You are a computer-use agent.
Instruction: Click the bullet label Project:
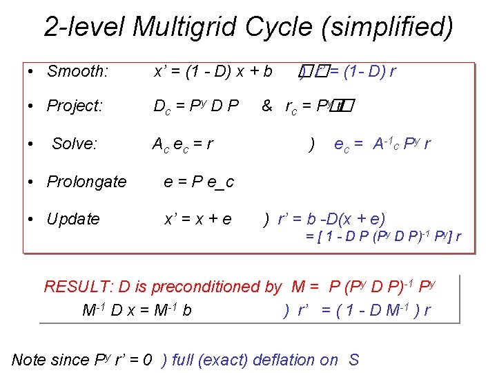click(x=75, y=106)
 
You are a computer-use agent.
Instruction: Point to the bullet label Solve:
click(x=75, y=144)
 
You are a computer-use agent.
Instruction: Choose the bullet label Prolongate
click(x=86, y=182)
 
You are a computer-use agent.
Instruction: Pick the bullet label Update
click(x=73, y=219)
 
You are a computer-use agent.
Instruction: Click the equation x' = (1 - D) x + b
click(x=213, y=71)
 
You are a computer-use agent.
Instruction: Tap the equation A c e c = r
click(x=182, y=144)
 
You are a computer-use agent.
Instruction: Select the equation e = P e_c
click(x=199, y=182)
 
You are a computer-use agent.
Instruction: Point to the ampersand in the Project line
click(x=266, y=106)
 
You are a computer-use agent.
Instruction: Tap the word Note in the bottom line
click(x=29, y=359)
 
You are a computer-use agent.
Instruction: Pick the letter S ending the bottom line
click(x=353, y=359)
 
